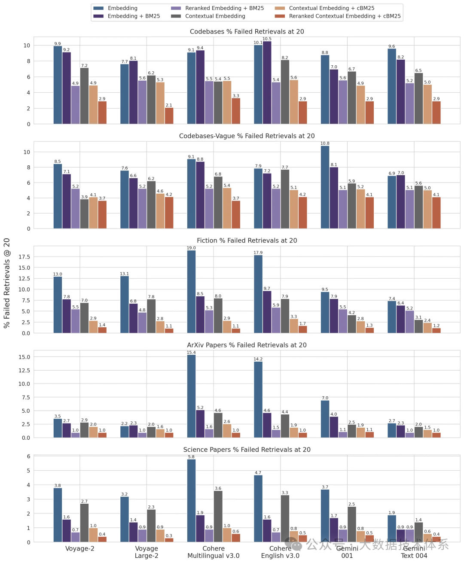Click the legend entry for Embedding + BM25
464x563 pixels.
pos(134,16)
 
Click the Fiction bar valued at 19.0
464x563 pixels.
pos(191,292)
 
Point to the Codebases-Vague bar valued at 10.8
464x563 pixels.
pos(325,187)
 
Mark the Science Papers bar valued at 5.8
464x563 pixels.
pos(191,501)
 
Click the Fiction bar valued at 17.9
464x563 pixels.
pos(258,294)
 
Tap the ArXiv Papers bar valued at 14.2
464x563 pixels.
pos(258,399)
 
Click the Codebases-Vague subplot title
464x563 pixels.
pos(247,136)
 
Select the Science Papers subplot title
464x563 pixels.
pos(247,450)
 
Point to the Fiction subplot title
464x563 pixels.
pos(247,240)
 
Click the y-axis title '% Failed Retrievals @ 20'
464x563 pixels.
pos(7,283)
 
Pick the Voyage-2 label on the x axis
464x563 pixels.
pos(80,549)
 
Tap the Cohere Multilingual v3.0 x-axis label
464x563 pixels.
pos(214,552)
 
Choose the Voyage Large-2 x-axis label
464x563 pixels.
pos(147,552)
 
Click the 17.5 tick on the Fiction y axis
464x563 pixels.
pos(24,257)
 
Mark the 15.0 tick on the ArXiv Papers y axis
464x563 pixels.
pos(24,357)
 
